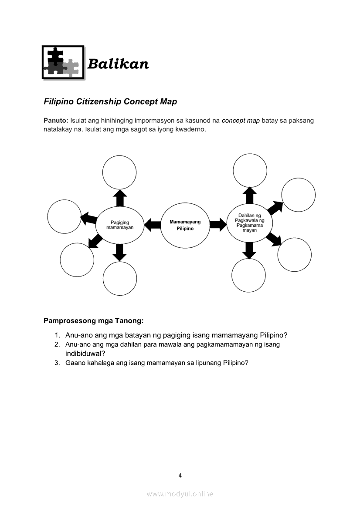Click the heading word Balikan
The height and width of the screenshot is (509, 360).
(x=118, y=64)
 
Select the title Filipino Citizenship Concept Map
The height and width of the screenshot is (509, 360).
(x=110, y=101)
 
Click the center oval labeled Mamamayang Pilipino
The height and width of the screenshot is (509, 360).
(x=185, y=225)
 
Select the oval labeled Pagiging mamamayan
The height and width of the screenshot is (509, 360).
(x=119, y=225)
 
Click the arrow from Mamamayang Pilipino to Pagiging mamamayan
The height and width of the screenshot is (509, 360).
(x=152, y=225)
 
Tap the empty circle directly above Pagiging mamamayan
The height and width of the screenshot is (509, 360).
(x=119, y=172)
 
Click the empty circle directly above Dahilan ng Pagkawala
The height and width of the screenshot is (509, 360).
(x=250, y=170)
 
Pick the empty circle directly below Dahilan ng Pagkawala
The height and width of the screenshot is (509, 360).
(x=248, y=276)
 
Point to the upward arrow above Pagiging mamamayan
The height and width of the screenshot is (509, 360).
(x=119, y=198)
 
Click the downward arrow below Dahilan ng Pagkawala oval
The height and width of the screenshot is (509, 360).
(x=249, y=250)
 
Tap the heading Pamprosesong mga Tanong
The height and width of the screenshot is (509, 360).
(x=93, y=321)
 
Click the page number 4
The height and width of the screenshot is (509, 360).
(x=180, y=475)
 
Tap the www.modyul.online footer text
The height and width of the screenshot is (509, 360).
(x=180, y=494)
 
